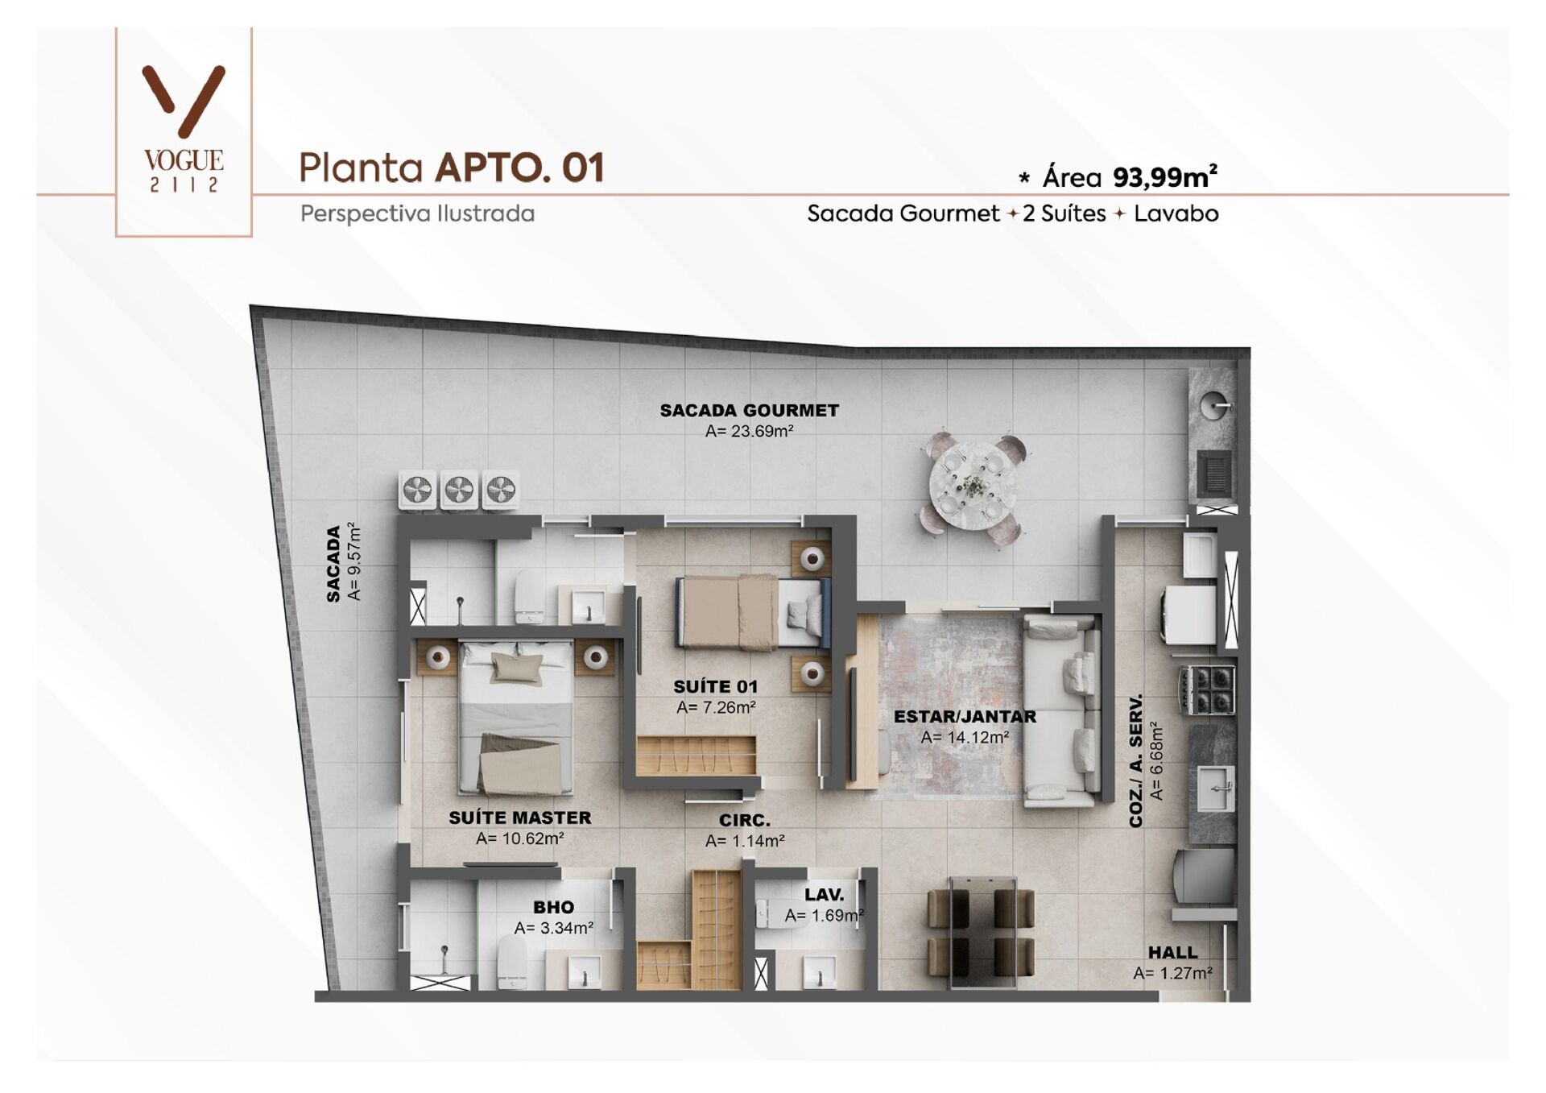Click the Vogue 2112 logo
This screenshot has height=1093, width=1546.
(184, 129)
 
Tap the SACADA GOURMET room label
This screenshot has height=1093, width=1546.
(749, 411)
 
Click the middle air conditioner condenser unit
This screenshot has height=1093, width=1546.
(459, 490)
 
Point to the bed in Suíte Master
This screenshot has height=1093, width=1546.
(516, 717)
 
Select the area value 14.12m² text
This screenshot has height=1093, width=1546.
(965, 737)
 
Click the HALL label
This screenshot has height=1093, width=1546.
(1172, 953)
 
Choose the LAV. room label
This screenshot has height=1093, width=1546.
(824, 895)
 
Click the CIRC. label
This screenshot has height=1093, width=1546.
(745, 821)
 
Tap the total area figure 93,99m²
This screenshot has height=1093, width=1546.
(1164, 177)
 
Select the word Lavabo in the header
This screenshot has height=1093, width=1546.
(1176, 214)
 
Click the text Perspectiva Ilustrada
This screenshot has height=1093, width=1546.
(417, 214)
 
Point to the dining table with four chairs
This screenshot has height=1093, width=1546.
(981, 933)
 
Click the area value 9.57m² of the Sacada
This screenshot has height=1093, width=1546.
(353, 561)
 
